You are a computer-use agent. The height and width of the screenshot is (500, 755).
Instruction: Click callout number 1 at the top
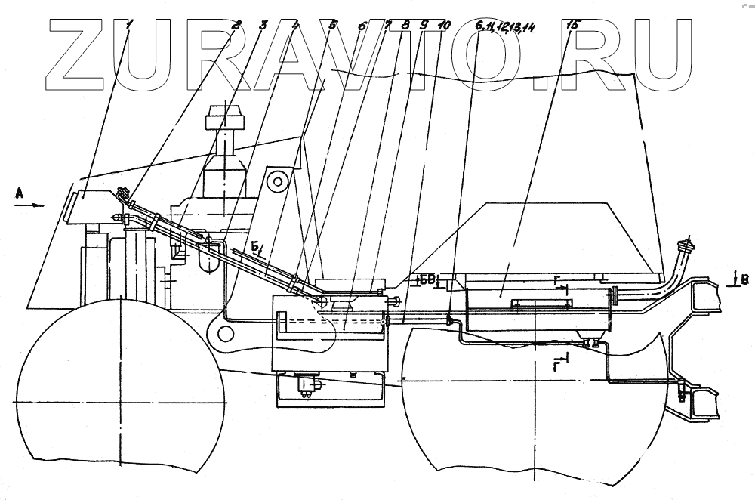pyautogui.click(x=129, y=25)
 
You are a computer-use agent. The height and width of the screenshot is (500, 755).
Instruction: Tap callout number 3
pyautogui.click(x=263, y=25)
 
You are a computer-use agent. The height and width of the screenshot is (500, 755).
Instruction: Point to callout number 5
pyautogui.click(x=334, y=25)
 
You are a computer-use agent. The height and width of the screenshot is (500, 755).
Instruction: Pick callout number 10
pyautogui.click(x=444, y=25)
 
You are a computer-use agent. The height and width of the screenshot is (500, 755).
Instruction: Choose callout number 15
pyautogui.click(x=573, y=25)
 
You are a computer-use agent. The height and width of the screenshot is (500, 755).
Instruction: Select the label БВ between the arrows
pyautogui.click(x=428, y=280)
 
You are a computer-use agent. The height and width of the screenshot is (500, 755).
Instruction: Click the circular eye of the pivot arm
pyautogui.click(x=279, y=181)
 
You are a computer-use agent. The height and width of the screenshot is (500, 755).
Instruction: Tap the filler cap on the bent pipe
pyautogui.click(x=686, y=246)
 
